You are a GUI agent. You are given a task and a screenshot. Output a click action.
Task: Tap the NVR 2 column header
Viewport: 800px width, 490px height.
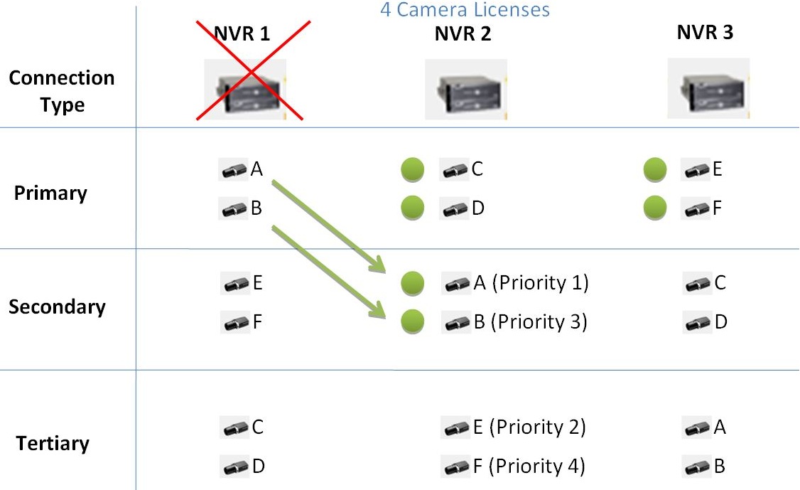tap(463, 34)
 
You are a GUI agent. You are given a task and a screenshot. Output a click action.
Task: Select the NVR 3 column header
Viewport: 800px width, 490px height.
tap(706, 33)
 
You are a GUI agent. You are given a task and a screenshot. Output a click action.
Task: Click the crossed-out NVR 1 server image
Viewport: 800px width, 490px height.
tap(245, 88)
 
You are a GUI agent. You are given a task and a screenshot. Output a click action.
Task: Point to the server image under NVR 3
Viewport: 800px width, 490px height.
tap(708, 88)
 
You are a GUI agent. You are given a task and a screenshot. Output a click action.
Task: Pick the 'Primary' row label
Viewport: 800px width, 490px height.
tap(50, 193)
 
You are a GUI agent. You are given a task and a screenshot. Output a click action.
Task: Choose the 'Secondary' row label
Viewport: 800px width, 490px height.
tap(57, 307)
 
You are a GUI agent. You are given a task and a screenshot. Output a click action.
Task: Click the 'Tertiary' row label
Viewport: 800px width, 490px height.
tap(53, 444)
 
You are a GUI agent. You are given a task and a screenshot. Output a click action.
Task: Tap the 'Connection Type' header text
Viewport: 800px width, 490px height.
tap(62, 91)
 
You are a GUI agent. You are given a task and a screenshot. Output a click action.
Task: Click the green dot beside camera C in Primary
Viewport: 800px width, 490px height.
tap(412, 170)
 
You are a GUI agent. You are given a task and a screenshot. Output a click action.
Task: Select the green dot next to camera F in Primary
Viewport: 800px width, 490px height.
tap(655, 208)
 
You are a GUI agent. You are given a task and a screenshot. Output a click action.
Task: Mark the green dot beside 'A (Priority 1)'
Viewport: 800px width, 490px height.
tap(412, 284)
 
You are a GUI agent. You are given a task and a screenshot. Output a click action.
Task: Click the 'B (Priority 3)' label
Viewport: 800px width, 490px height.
tap(530, 322)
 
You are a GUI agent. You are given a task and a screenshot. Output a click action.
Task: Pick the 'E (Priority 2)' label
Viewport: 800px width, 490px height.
tap(529, 427)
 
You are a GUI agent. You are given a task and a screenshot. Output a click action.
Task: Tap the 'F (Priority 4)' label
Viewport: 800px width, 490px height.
tap(529, 467)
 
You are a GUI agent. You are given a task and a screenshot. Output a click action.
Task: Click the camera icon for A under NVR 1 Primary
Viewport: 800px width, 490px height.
tap(234, 170)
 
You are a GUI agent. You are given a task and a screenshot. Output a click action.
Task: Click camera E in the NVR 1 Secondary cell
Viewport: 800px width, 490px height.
tap(235, 284)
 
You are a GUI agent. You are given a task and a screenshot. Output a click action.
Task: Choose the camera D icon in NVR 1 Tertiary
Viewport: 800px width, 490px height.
tap(235, 467)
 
